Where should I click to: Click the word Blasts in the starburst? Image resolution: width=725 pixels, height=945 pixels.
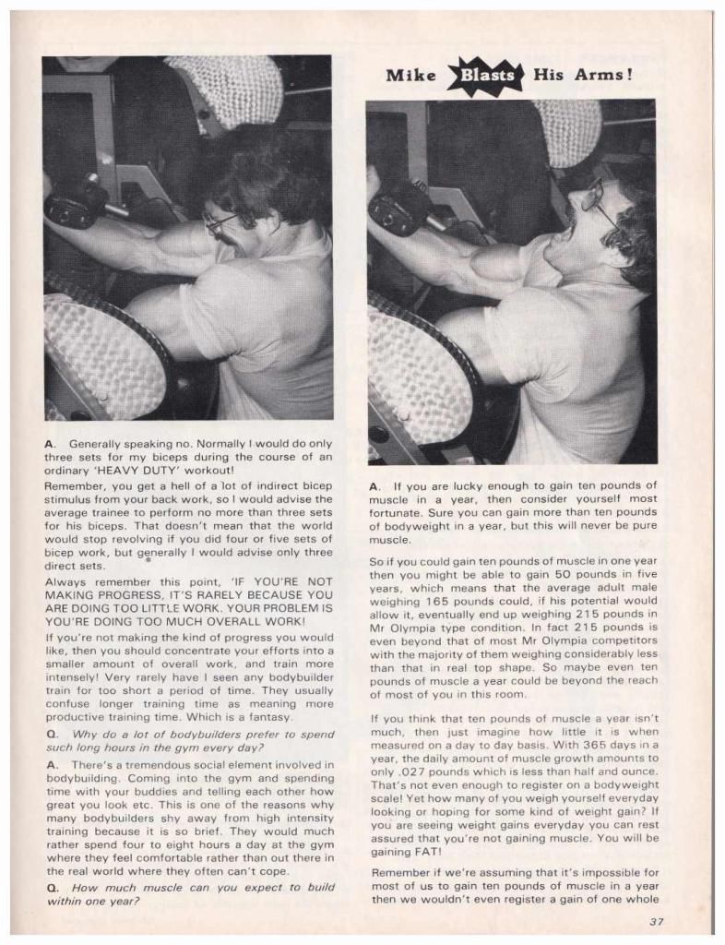tap(485, 76)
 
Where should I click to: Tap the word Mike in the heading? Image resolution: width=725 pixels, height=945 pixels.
tap(410, 76)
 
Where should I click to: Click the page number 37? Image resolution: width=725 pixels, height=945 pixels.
tap(656, 920)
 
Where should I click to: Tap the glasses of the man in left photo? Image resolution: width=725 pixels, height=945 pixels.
tap(219, 222)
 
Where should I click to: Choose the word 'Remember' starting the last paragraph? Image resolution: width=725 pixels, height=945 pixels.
tap(399, 871)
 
